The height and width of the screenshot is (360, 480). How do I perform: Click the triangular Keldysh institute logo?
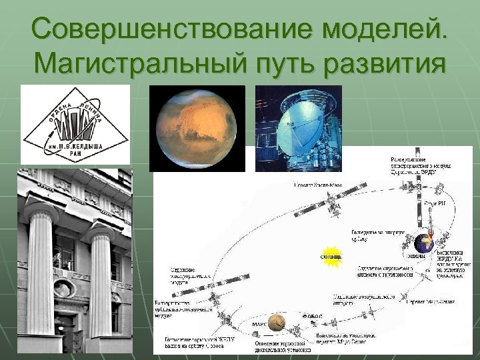[75, 125]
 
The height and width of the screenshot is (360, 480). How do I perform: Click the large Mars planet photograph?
[197, 127]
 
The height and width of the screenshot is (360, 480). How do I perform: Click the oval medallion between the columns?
[64, 289]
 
